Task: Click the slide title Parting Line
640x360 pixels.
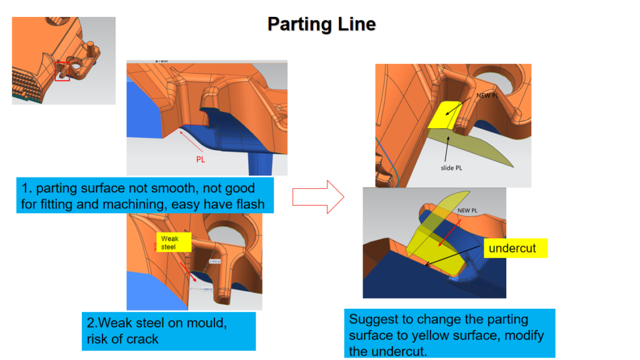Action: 321,24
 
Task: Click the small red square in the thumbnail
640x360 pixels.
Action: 61,71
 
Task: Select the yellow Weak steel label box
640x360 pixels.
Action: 170,242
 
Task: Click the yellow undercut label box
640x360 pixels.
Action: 512,248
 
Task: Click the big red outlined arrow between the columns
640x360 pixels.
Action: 318,197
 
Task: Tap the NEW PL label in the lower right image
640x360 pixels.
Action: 469,211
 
